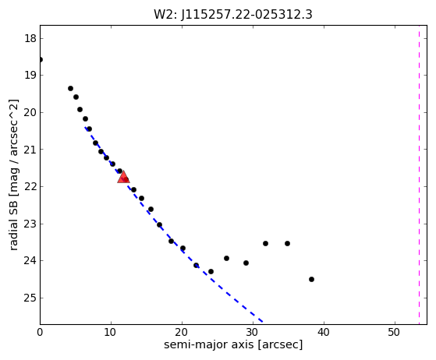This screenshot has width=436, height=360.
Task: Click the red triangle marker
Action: click(123, 177)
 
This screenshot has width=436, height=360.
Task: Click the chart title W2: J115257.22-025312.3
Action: click(233, 15)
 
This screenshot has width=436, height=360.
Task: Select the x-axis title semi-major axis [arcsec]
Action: click(233, 344)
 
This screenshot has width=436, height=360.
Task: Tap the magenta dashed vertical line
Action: click(419, 175)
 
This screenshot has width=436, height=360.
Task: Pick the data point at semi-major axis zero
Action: click(40, 60)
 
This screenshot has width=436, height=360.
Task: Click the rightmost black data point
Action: click(311, 279)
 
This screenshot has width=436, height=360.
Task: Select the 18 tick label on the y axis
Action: click(30, 38)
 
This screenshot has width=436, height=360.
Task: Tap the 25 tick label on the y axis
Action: click(30, 298)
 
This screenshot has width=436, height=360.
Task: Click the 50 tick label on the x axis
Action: click(395, 332)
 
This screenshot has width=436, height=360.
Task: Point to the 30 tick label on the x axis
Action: click(253, 332)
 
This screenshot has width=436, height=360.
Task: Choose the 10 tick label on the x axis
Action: click(111, 332)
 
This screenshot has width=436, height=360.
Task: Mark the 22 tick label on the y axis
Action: click(30, 187)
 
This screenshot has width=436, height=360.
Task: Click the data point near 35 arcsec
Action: click(287, 243)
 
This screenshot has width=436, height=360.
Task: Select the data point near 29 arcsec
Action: click(246, 263)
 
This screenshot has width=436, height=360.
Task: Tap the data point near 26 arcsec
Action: click(226, 259)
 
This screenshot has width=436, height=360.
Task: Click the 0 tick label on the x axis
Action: click(40, 332)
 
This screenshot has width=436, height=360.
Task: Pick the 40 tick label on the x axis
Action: click(324, 332)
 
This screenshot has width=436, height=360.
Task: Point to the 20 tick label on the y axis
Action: click(30, 112)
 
